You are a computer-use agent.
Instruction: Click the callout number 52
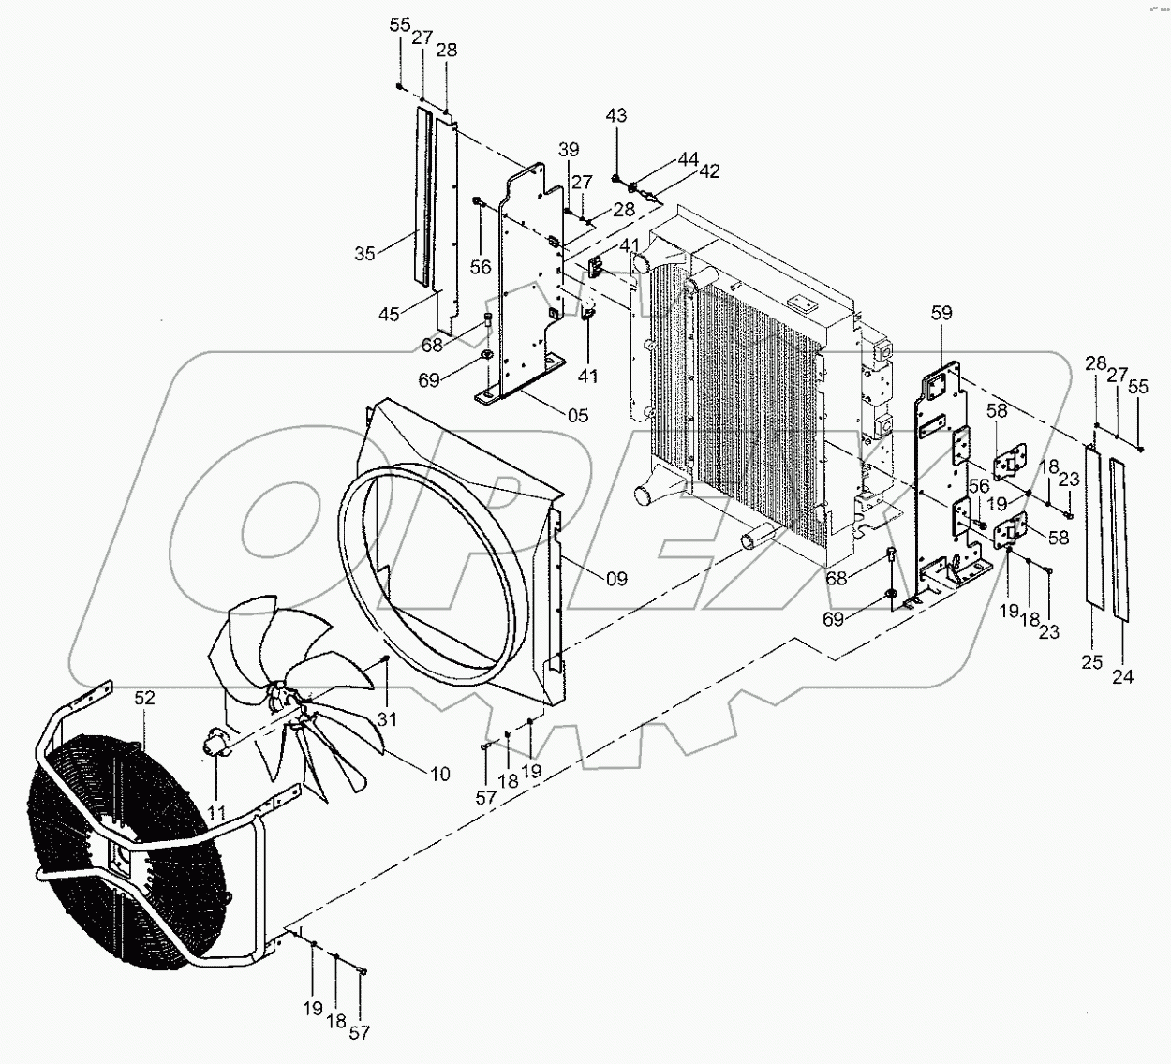point(144,698)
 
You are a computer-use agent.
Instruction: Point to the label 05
point(578,415)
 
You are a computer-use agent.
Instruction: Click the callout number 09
point(615,579)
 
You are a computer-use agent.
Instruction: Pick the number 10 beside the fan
point(438,774)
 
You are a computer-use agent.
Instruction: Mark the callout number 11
point(217,812)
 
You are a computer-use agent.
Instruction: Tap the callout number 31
point(387,718)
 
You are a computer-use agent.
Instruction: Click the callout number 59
point(941,314)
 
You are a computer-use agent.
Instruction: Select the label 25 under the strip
point(1091,662)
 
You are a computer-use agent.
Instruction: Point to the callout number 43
point(616,116)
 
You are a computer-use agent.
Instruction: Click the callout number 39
point(569,150)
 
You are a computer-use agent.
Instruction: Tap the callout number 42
point(709,170)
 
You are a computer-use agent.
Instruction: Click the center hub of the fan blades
point(286,699)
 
